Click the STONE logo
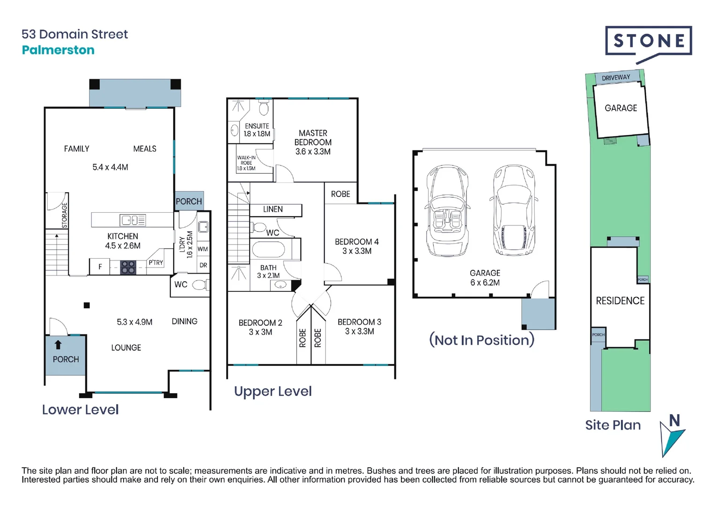pyautogui.click(x=649, y=41)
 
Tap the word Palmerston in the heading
pyautogui.click(x=58, y=50)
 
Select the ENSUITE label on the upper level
pyautogui.click(x=257, y=126)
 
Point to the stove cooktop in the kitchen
pyautogui.click(x=128, y=268)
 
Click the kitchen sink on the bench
pyautogui.click(x=133, y=220)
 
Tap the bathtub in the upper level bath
pyautogui.click(x=268, y=249)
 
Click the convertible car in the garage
pyautogui.click(x=447, y=210)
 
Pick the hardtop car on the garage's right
pyautogui.click(x=513, y=210)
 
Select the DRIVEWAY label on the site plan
pyautogui.click(x=616, y=78)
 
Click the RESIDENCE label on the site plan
pyautogui.click(x=620, y=301)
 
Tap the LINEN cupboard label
pyautogui.click(x=273, y=209)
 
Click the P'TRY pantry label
pyautogui.click(x=156, y=263)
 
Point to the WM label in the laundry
pyautogui.click(x=203, y=249)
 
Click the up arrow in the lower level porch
pyautogui.click(x=58, y=345)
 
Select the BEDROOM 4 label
pyautogui.click(x=357, y=242)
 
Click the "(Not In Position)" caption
pyautogui.click(x=482, y=340)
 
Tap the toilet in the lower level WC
pyautogui.click(x=200, y=285)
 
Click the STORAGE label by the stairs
pyautogui.click(x=65, y=215)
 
